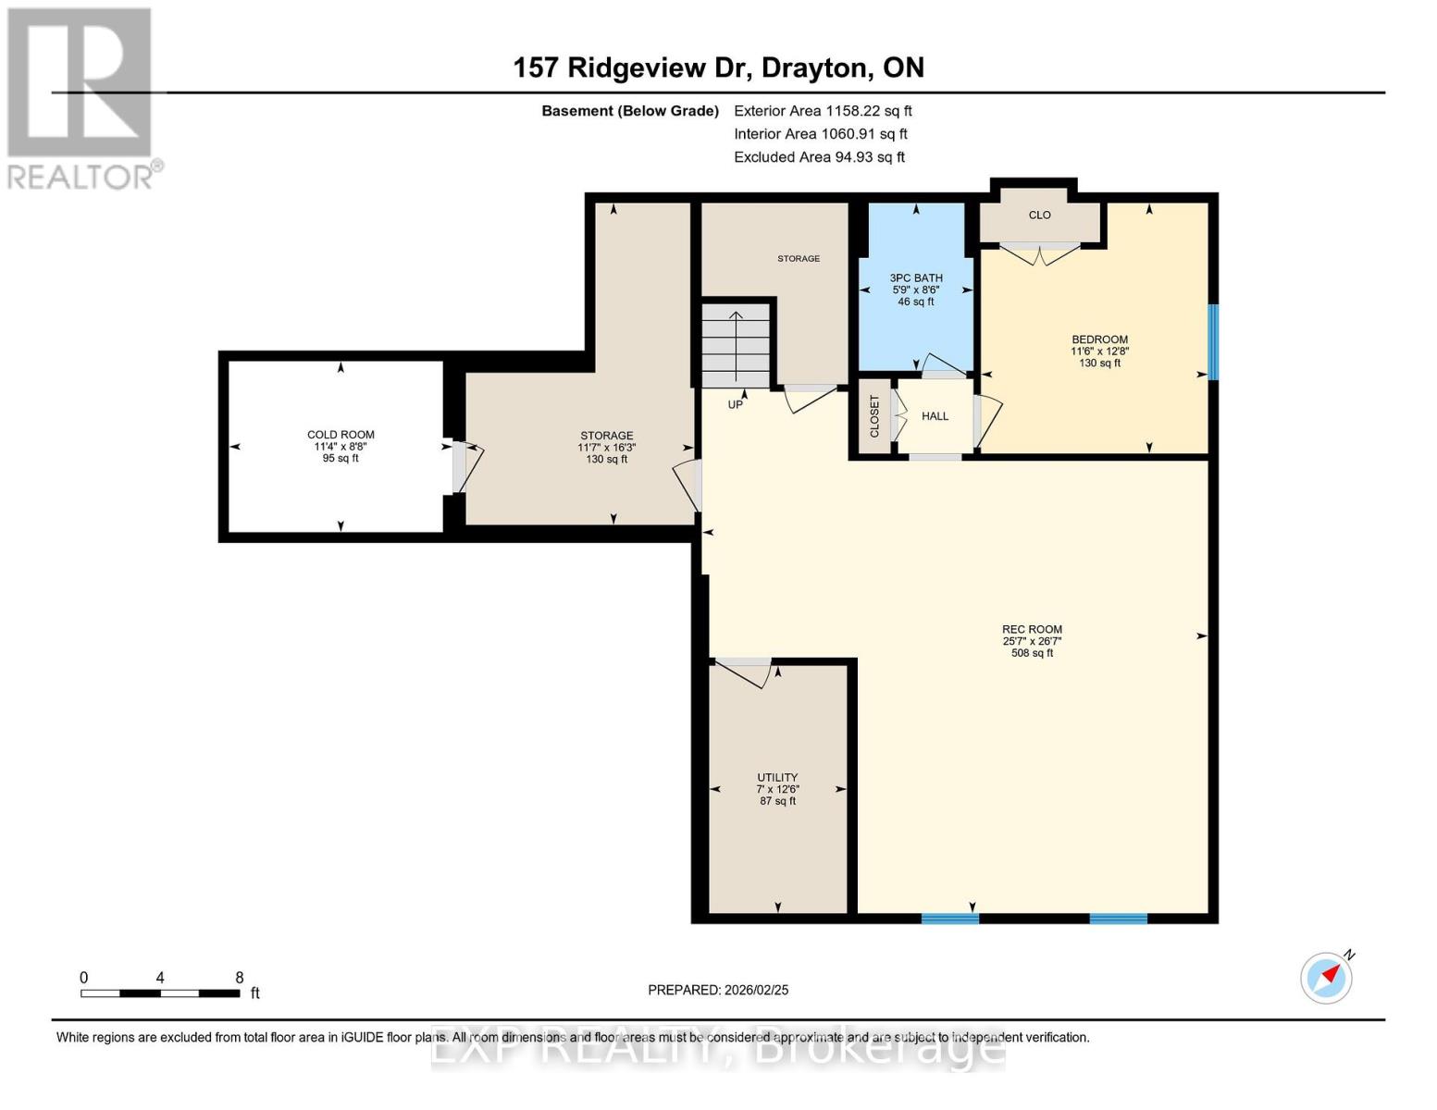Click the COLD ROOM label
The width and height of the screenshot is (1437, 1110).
(x=341, y=435)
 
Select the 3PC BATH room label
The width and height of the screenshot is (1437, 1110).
(x=916, y=277)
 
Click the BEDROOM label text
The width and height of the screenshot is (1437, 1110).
(x=1099, y=339)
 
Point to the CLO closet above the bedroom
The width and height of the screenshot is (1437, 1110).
(x=1039, y=216)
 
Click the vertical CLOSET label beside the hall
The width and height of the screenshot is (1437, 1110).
(x=874, y=416)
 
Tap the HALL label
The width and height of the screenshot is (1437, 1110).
(x=935, y=416)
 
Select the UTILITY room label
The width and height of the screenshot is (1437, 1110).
(x=777, y=778)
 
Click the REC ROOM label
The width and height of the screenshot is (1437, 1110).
(x=1032, y=630)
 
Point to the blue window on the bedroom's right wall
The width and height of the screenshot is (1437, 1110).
(x=1213, y=342)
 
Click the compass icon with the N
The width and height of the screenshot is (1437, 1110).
(x=1327, y=977)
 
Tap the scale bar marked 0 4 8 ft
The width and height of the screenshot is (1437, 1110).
(x=160, y=993)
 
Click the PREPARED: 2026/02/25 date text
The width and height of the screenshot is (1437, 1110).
(x=718, y=990)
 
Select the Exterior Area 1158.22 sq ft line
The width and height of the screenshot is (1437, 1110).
(x=823, y=111)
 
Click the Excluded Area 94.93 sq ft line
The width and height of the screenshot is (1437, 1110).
(x=819, y=157)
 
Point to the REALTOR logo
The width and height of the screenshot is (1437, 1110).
(x=81, y=97)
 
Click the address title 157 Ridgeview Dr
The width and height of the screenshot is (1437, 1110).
(x=718, y=68)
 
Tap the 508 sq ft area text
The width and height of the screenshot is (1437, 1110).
(x=1032, y=653)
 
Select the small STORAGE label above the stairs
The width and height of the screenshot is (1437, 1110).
(x=798, y=259)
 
